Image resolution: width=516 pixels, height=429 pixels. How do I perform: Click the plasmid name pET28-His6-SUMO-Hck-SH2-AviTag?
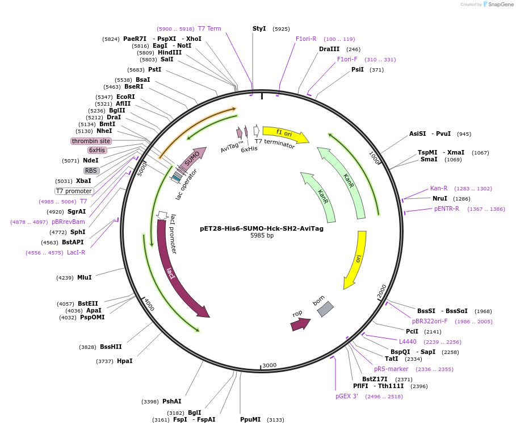pos(262,228)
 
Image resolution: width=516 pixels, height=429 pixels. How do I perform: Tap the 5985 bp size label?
pos(262,236)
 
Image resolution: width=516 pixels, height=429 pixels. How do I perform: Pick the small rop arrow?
pos(300,324)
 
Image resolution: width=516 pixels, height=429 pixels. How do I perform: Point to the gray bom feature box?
pos(325,309)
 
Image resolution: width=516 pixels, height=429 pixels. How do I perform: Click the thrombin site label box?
pos(91,141)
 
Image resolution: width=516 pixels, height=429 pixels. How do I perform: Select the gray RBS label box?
pos(91,170)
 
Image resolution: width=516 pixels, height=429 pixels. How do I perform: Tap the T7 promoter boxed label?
pos(74,191)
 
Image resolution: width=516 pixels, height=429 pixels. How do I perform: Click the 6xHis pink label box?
pos(97,150)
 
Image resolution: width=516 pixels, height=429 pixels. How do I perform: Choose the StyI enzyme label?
pos(259,28)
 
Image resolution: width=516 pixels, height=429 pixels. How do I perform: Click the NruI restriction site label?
pos(439,199)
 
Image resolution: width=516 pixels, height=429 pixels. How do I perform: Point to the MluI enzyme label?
pos(84,277)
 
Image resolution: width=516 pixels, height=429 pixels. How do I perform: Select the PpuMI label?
pos(250,419)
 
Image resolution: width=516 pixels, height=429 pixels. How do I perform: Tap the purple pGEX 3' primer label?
pos(346,396)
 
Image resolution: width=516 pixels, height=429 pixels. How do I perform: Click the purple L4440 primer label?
pos(408,341)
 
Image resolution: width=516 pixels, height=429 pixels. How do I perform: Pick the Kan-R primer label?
pos(439,188)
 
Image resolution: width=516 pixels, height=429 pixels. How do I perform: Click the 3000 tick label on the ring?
pos(269,365)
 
